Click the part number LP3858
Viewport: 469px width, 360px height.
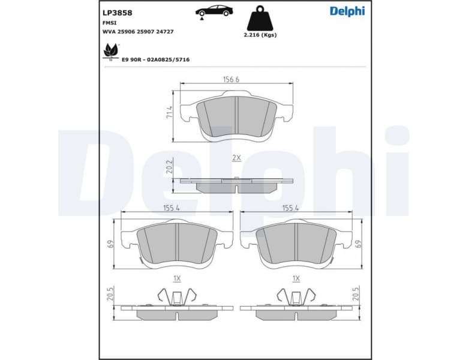pyautogui.click(x=118, y=12)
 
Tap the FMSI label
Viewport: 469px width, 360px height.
pyautogui.click(x=110, y=22)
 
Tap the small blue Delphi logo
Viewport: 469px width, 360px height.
pyautogui.click(x=347, y=11)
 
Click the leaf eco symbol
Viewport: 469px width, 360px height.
pyautogui.click(x=110, y=51)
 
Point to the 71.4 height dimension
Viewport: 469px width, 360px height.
pyautogui.click(x=169, y=112)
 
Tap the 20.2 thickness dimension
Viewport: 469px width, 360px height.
pyautogui.click(x=169, y=166)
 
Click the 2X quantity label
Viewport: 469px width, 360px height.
pyautogui.click(x=236, y=157)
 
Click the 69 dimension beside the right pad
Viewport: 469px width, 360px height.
pyautogui.click(x=357, y=244)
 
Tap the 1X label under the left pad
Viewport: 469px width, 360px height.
pyautogui.click(x=177, y=278)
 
